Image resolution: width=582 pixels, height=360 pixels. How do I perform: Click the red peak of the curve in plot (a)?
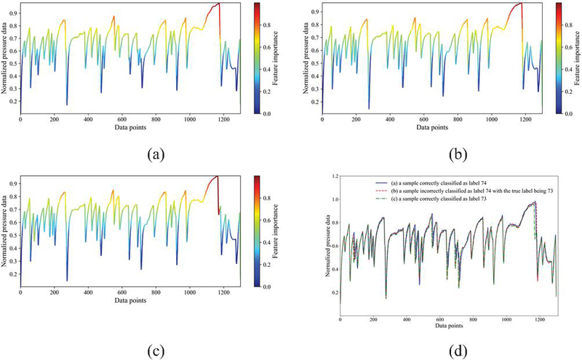218,4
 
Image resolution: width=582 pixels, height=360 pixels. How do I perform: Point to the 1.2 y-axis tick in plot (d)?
332,177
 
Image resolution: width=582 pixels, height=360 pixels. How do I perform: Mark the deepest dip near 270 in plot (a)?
67,105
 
